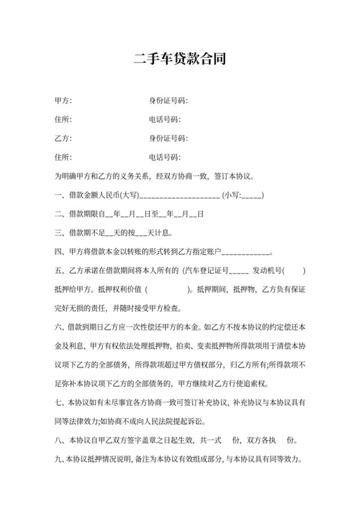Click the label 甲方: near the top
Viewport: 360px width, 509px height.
[x=63, y=101]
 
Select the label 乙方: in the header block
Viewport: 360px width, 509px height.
[x=63, y=138]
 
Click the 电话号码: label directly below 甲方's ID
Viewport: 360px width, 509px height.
[x=165, y=120]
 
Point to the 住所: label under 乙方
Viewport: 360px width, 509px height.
[x=63, y=157]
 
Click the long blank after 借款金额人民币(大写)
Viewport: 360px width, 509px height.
[x=179, y=195]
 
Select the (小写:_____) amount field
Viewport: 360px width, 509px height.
[x=243, y=195]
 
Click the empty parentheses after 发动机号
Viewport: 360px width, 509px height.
[x=294, y=270]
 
